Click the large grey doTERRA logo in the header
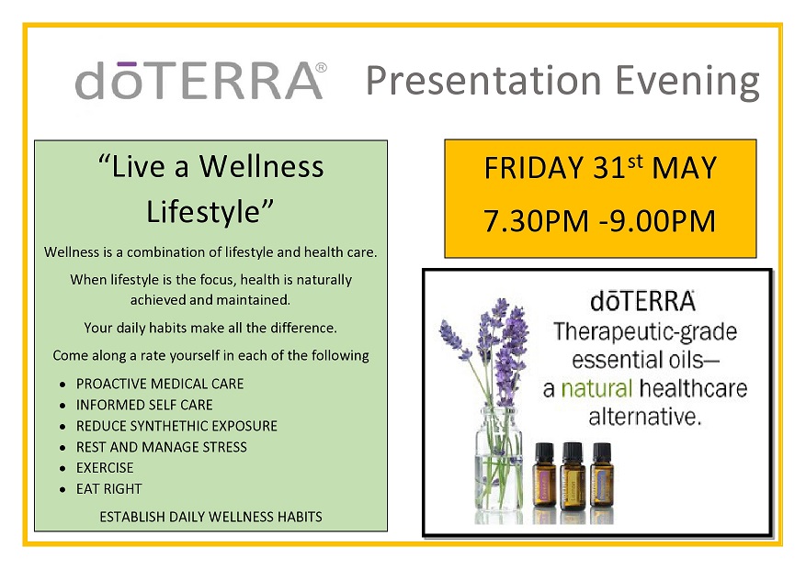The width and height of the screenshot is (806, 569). click(200, 81)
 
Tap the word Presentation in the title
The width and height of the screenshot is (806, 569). click(483, 81)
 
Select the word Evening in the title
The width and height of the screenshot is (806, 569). click(687, 82)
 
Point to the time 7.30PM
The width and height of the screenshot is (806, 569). click(536, 221)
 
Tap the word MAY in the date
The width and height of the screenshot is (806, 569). click(684, 168)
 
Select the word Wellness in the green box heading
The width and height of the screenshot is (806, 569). click(262, 166)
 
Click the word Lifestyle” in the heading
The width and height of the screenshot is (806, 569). click(210, 211)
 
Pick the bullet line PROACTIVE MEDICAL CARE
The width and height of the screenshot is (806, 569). click(160, 384)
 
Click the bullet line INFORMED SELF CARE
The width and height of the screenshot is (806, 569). click(144, 405)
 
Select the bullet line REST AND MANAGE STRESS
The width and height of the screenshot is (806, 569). click(162, 447)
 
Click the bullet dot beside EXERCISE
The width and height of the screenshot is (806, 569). click(62, 468)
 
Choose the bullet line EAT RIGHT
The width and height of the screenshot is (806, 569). click(109, 489)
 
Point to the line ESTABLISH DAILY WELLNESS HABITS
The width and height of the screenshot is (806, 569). click(210, 517)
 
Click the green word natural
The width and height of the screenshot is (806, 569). click(596, 388)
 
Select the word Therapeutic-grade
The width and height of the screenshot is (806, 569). click(645, 333)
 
